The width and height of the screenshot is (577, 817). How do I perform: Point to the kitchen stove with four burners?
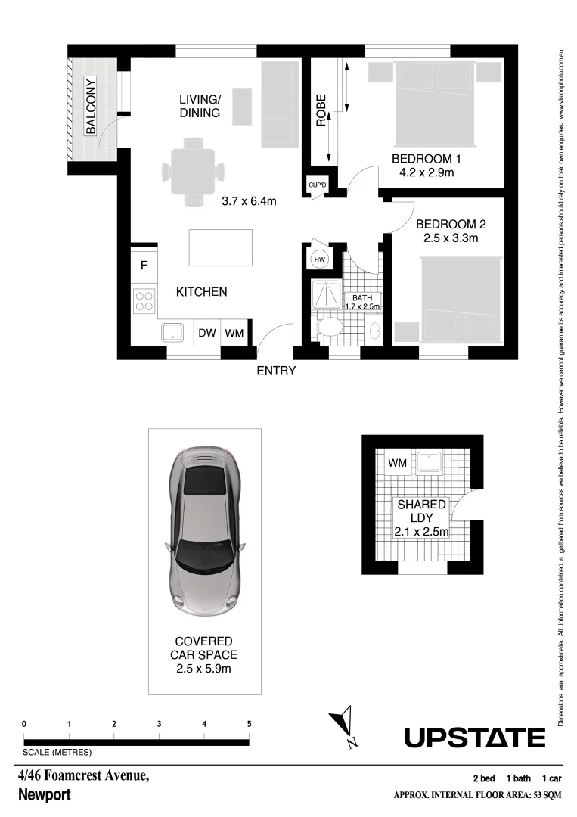[144, 302]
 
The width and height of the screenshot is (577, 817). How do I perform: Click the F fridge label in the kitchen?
[144, 266]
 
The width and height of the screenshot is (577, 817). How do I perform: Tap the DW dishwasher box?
[206, 333]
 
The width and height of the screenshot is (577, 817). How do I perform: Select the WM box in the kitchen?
[234, 333]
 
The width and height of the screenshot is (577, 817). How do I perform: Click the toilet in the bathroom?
[329, 328]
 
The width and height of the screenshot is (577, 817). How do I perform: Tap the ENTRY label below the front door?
[276, 371]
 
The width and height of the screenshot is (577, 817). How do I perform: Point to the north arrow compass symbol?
[347, 725]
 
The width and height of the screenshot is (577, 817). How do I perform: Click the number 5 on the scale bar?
[249, 724]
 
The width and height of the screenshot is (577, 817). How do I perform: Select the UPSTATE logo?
[474, 737]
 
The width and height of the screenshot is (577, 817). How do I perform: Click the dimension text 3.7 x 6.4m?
[249, 201]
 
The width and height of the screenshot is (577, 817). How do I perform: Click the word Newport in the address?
[44, 795]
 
